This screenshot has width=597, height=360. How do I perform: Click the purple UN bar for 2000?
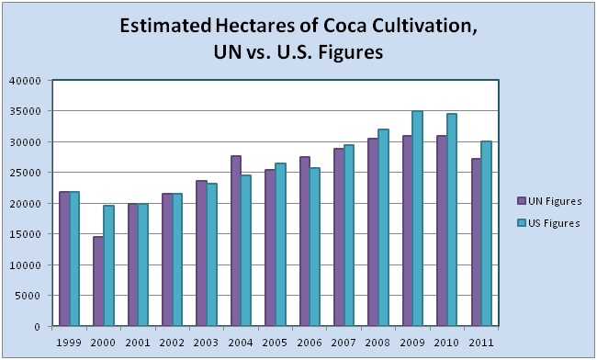98,281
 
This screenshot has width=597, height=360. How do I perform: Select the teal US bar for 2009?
417,219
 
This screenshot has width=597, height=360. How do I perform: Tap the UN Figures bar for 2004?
236,241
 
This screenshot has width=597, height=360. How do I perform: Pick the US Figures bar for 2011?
487,233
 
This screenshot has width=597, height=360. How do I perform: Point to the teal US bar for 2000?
108,265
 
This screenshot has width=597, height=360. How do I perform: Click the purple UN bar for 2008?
373,232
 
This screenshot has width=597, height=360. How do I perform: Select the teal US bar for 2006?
314,247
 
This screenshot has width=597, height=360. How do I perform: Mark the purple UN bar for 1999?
64,259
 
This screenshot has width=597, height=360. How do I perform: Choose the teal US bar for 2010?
452,219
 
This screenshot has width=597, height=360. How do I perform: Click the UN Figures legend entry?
549,201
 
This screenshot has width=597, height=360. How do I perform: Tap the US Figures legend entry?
548,223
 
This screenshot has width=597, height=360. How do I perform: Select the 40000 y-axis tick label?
28,81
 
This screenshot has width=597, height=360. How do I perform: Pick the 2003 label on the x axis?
206,343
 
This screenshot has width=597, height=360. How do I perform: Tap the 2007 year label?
344,343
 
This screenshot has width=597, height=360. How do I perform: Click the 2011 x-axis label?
481,343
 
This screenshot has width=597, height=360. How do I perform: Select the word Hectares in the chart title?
255,26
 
